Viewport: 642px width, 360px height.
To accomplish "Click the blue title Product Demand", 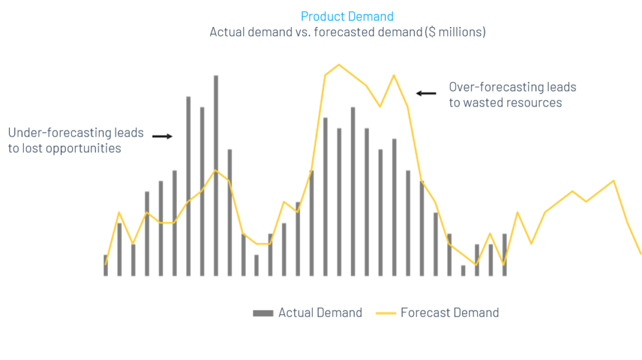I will tap(347, 16).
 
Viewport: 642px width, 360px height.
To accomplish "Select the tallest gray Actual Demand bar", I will tap(216, 176).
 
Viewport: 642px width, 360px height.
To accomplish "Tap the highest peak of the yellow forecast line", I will tap(339, 65).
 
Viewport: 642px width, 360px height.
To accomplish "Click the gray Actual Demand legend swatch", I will tap(263, 313).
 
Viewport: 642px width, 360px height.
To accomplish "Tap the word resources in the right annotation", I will tap(535, 103).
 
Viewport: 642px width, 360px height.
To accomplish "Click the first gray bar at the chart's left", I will tap(105, 265).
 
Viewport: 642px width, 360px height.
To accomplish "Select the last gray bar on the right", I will tap(504, 255).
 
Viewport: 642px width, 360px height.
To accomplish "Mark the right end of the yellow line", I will tap(640, 253).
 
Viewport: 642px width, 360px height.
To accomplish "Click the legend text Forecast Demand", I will tap(450, 313).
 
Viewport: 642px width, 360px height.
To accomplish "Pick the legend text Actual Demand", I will tap(320, 313).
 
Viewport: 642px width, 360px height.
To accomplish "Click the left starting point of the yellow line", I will tap(105, 265).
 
